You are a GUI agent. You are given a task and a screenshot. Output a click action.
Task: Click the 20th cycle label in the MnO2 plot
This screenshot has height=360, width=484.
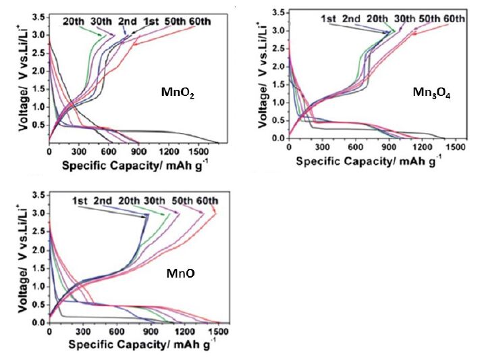(74, 20)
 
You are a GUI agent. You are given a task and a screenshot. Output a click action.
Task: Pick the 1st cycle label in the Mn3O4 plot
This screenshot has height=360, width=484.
(329, 18)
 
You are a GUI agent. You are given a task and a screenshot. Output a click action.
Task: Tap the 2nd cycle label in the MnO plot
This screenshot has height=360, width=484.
(103, 201)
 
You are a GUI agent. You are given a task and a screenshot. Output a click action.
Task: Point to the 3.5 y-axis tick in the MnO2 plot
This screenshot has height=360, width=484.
(38, 16)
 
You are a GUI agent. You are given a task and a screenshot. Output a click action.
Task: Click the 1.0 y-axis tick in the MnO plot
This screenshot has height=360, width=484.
(38, 286)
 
